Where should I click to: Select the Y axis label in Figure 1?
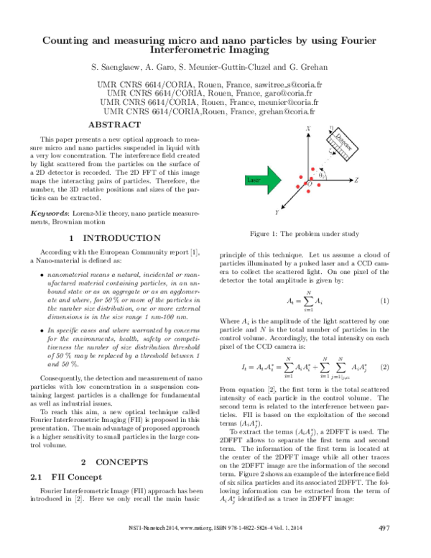(277, 213)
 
